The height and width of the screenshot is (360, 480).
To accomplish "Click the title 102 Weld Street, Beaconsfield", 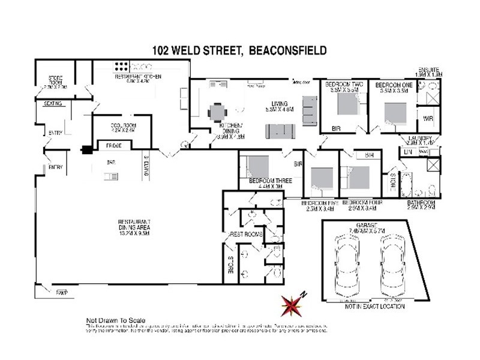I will pos(241,51).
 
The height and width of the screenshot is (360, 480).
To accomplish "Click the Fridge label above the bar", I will pos(114,146).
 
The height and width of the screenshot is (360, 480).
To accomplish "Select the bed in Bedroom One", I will pos(395,113).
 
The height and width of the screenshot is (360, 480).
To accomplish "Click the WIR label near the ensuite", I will pos(428,118).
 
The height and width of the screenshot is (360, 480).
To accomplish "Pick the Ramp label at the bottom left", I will pos(62,292).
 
